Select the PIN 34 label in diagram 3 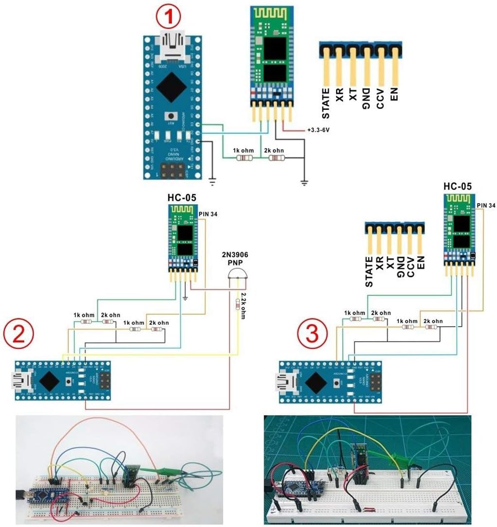[x=486, y=205]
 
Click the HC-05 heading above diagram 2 [x=181, y=198]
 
